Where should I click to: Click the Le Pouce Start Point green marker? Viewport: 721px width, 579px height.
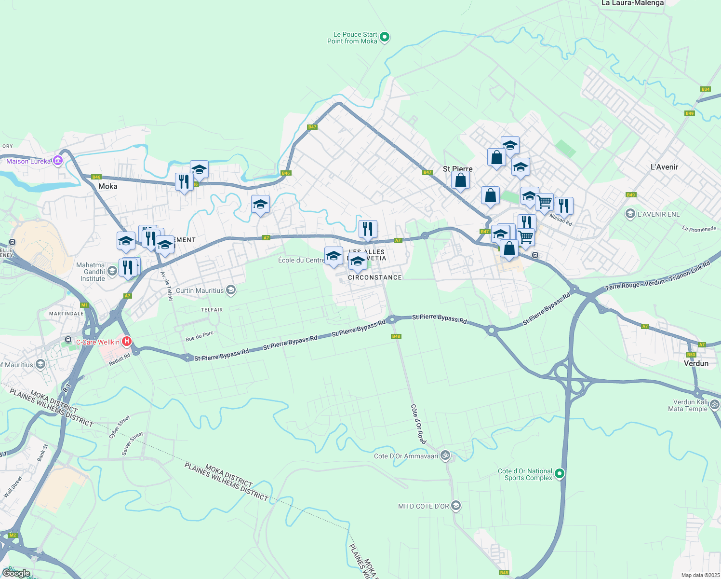point(385,37)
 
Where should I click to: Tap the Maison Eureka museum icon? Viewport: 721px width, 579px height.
point(58,160)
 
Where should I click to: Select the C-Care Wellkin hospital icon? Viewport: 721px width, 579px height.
point(127,342)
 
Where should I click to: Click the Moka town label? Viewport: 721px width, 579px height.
point(107,186)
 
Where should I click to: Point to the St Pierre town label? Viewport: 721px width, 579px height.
point(457,169)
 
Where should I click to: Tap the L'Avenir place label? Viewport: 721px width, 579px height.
point(664,167)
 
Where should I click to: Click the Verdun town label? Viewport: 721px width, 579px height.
point(696,363)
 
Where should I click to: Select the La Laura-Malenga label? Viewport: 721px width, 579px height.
point(632,3)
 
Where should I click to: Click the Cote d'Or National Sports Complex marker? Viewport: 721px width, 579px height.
point(560,474)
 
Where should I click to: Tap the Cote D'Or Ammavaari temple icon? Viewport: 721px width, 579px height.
point(446,455)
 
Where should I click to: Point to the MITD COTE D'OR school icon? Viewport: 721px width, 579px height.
point(456,506)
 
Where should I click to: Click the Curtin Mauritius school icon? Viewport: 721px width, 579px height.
point(231,290)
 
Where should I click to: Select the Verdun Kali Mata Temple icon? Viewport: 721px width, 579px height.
point(715,404)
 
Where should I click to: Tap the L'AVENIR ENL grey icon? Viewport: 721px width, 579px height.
point(629,214)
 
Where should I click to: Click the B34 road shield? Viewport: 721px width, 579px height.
point(706,89)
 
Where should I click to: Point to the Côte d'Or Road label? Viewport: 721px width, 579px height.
point(418,424)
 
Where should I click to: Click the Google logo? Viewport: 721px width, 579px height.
point(16,573)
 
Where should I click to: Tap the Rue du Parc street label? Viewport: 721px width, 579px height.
point(199,336)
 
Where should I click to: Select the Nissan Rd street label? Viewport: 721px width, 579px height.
point(561,220)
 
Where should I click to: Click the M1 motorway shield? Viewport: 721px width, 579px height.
point(85,305)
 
